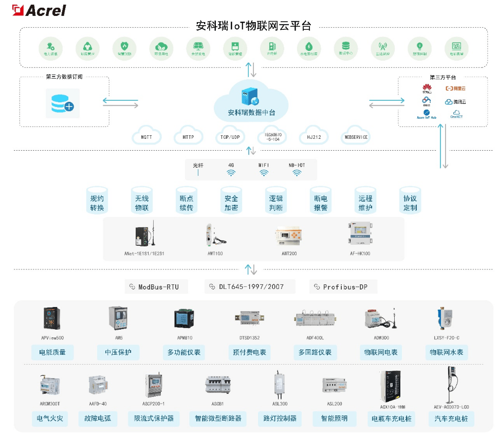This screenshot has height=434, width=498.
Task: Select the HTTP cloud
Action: (x=188, y=137)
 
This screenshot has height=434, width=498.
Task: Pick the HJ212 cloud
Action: (x=313, y=137)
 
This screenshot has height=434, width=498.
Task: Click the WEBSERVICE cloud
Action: (x=356, y=137)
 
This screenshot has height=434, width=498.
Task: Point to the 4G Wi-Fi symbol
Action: (x=231, y=173)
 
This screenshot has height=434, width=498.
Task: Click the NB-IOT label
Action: (x=297, y=165)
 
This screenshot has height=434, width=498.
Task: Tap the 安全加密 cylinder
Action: (x=231, y=202)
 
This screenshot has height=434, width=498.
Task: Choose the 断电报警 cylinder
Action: (x=321, y=202)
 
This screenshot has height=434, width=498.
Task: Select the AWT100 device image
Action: (x=212, y=234)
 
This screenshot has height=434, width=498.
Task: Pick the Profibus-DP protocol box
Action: (x=343, y=287)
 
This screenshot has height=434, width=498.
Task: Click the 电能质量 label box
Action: (x=52, y=352)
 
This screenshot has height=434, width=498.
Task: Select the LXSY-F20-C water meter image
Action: (x=442, y=319)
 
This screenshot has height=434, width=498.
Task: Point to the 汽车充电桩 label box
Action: (x=451, y=418)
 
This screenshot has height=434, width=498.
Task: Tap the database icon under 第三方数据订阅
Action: (x=63, y=102)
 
